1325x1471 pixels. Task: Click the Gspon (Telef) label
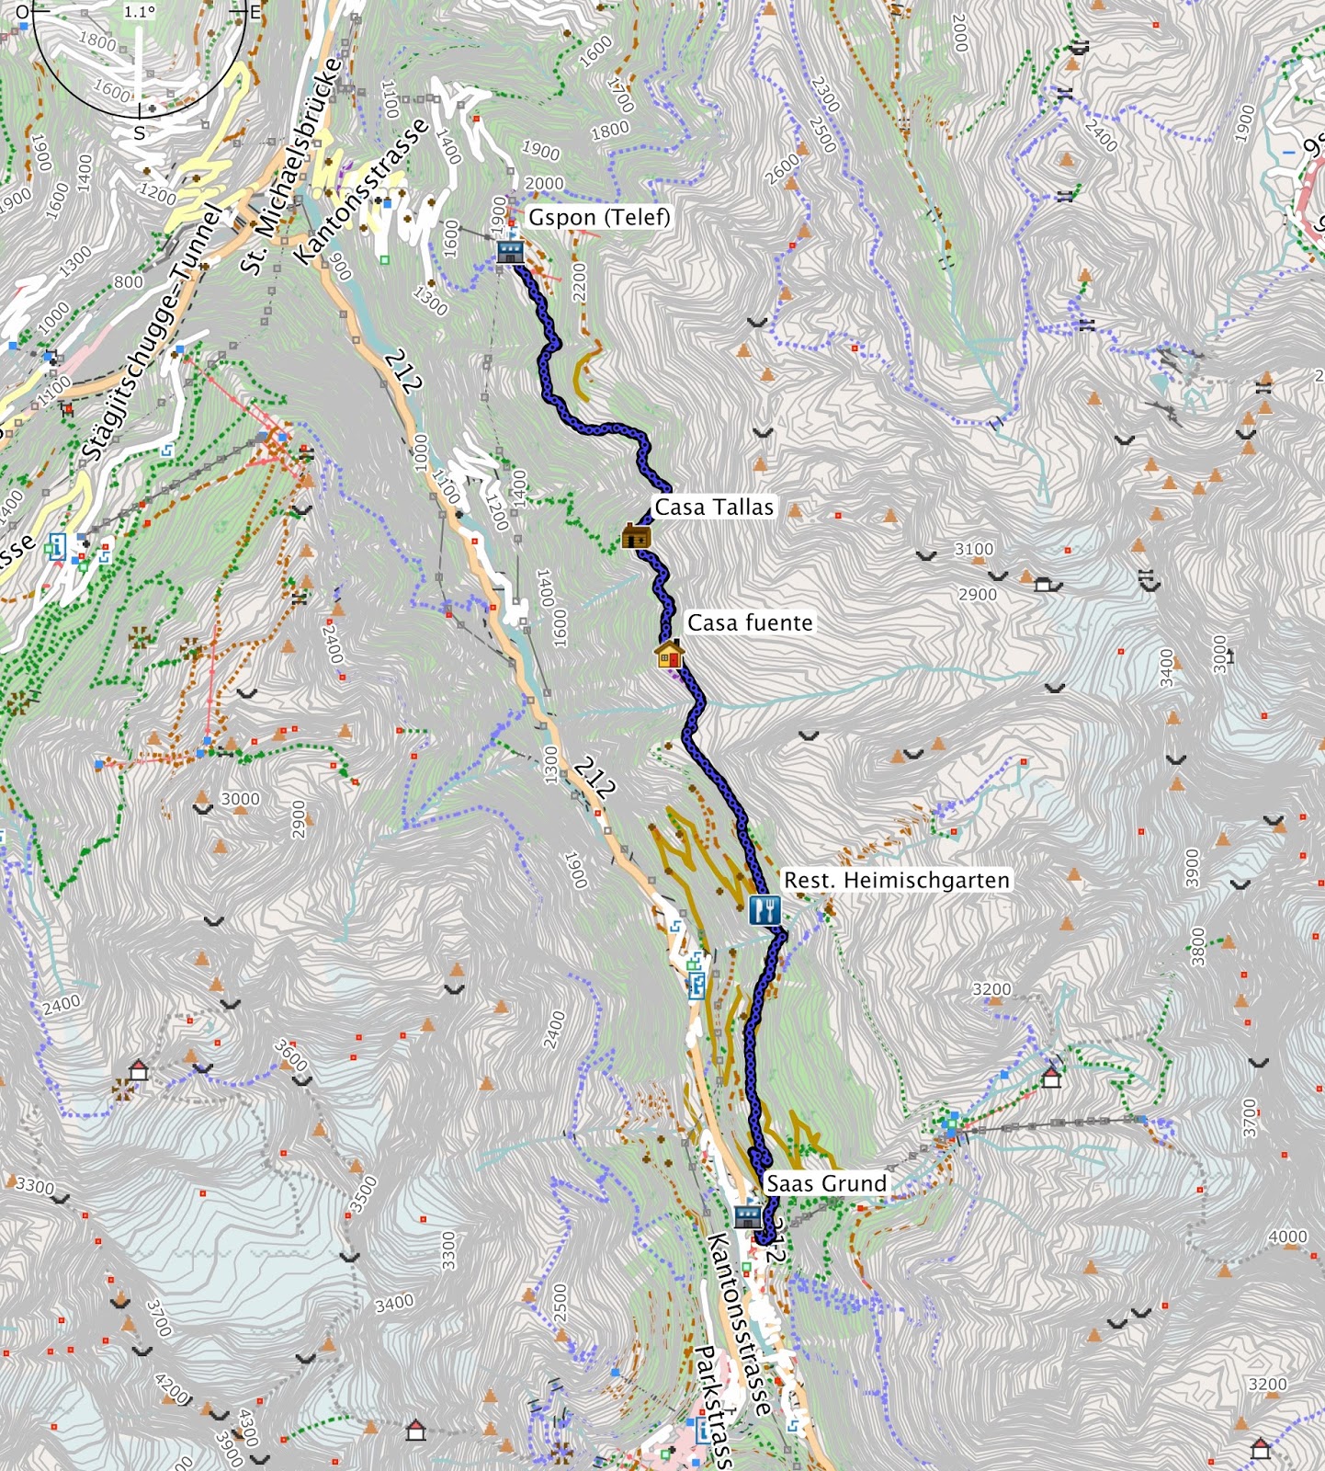click(x=598, y=218)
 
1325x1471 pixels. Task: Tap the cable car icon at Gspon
click(x=510, y=251)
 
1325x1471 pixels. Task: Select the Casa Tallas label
click(x=714, y=507)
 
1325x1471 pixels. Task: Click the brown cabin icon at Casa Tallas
click(x=636, y=536)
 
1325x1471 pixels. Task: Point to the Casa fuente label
click(x=750, y=622)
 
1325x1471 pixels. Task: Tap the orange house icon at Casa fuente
click(x=669, y=655)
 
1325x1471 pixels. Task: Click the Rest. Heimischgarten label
click(x=896, y=880)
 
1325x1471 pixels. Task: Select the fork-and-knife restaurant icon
click(x=764, y=910)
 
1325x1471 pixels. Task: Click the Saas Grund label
click(x=826, y=1183)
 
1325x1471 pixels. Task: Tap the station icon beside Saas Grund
click(x=748, y=1217)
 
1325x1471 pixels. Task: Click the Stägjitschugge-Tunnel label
click(x=153, y=333)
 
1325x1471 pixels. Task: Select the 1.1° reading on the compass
click(x=140, y=13)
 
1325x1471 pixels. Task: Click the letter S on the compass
click(x=140, y=132)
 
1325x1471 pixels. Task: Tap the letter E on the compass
click(x=255, y=13)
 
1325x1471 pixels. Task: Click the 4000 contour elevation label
click(x=1287, y=1237)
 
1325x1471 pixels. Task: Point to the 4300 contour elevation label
click(x=249, y=1427)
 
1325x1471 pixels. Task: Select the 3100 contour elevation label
click(x=973, y=549)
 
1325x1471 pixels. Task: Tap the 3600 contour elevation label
click(x=290, y=1055)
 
